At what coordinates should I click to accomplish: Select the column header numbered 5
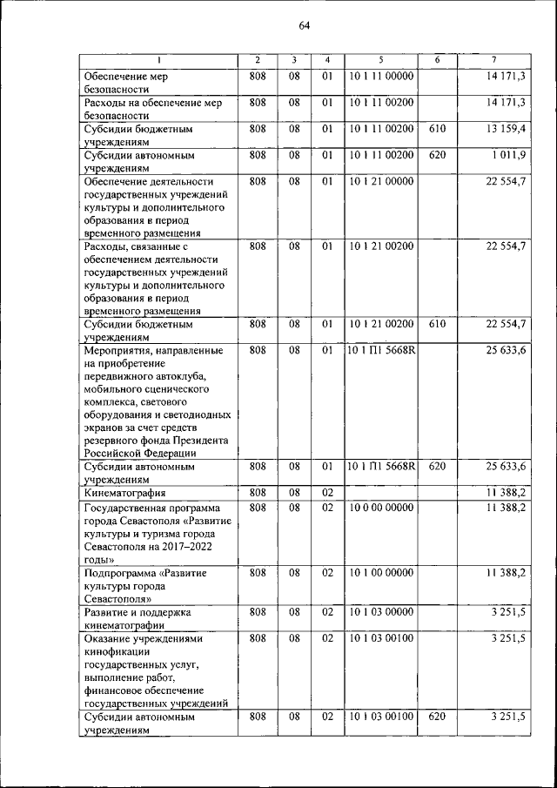[381, 60]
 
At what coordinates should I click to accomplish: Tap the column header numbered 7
[494, 60]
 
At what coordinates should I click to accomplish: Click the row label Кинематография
[127, 494]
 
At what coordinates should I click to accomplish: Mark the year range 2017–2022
[182, 546]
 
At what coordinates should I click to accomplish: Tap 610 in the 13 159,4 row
[437, 129]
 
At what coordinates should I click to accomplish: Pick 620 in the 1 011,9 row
[437, 156]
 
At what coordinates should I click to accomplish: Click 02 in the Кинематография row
[327, 493]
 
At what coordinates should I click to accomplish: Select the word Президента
[198, 440]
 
